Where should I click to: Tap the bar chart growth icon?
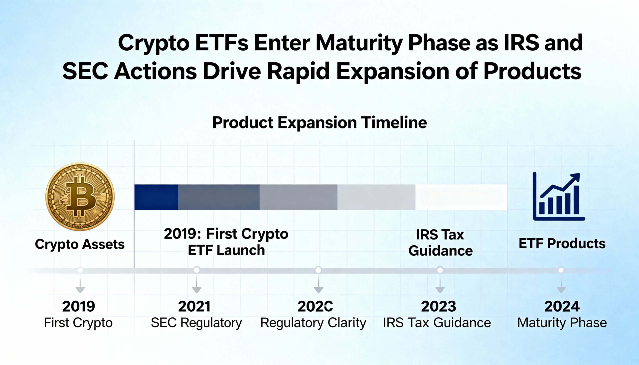coord(558,197)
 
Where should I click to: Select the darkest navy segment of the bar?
coord(156,197)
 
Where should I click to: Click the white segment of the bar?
coord(461,197)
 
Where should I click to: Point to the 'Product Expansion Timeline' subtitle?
coord(319,122)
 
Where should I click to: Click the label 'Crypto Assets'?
coord(80,244)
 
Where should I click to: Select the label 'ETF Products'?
coord(562,243)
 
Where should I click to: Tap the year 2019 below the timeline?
coord(78,306)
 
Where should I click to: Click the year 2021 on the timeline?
coord(194,306)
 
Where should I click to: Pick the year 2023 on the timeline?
coord(438,306)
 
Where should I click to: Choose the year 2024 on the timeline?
coord(562,306)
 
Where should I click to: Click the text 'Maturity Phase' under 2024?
coord(562,323)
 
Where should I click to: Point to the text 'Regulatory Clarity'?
coord(313,323)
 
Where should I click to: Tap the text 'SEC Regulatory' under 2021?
coord(196,323)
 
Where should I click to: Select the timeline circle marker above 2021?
coord(197,270)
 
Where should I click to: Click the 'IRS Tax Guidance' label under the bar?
coord(440,243)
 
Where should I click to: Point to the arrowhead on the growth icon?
coord(576,177)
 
